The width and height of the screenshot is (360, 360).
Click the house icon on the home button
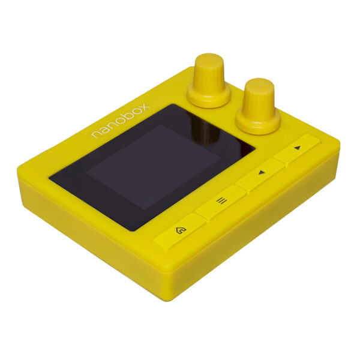[x=178, y=229]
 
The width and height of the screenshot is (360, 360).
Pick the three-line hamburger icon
[x=221, y=202]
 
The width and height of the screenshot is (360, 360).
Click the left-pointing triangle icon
[x=260, y=173]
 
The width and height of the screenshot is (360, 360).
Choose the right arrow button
[x=296, y=148]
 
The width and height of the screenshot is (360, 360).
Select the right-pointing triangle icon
[x=296, y=147]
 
